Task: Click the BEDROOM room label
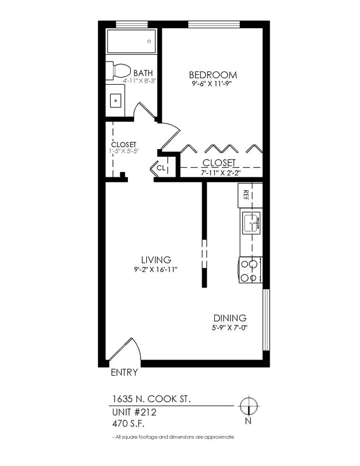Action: point(213,75)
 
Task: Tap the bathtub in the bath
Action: point(131,42)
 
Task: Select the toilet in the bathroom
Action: point(119,71)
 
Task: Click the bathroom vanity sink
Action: point(116,100)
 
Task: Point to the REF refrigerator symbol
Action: point(245,196)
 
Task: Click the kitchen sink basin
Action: point(250,223)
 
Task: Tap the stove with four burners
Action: point(250,270)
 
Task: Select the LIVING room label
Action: point(156,259)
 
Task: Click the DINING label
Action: point(230,318)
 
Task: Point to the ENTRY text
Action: point(124,372)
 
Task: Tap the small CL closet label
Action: point(161,167)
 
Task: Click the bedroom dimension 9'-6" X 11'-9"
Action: point(213,85)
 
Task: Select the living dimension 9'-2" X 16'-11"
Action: point(156,269)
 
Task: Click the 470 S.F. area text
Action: point(128,424)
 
